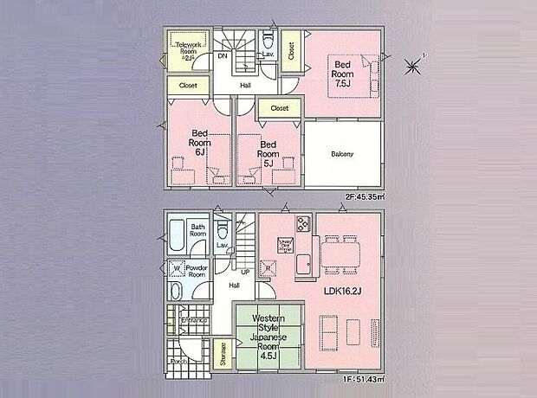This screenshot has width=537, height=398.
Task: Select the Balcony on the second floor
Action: (343, 154)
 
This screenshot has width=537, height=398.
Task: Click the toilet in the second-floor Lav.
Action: (268, 42)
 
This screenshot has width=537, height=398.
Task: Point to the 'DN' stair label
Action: (223, 57)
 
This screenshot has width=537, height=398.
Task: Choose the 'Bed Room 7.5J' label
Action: (343, 73)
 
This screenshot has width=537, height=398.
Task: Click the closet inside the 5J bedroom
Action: (279, 108)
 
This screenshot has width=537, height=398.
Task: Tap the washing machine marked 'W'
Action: (176, 267)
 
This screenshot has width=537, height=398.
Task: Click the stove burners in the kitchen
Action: (303, 224)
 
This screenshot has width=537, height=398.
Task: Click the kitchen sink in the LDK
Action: (304, 264)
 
